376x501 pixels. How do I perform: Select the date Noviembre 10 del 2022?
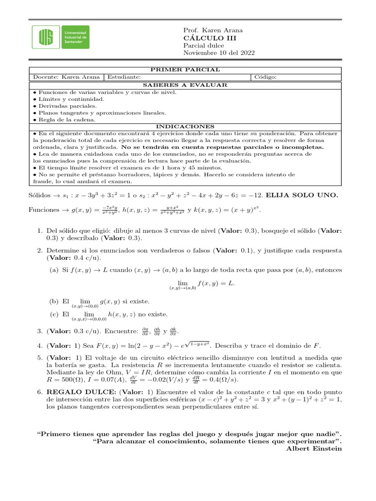218,53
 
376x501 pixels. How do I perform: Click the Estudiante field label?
124,77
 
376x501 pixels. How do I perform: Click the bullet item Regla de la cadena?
64,119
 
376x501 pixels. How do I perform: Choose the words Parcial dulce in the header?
204,46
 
